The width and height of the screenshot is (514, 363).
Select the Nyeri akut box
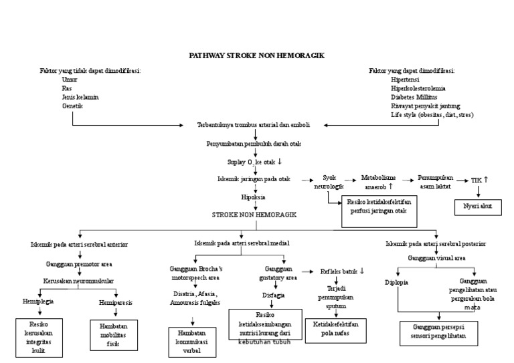[477, 207]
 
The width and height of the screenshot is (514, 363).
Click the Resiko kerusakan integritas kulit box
[37, 337]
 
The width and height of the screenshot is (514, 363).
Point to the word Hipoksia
[254, 198]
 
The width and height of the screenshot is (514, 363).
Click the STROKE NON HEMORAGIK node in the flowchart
[254, 215]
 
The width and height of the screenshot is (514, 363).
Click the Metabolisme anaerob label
[379, 182]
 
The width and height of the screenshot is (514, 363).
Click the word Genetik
[73, 106]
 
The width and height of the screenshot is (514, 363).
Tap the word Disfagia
[273, 295]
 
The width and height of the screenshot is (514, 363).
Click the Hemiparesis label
[115, 302]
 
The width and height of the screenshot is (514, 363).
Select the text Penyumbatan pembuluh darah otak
[255, 144]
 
